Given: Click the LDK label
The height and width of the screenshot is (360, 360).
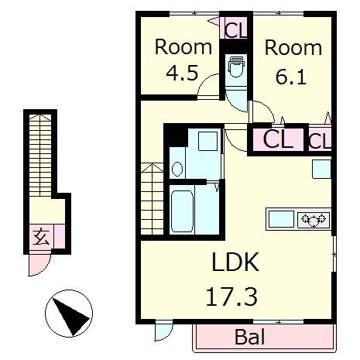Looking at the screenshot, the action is click(235, 262).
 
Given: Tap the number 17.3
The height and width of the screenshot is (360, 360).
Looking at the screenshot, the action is click(231, 297).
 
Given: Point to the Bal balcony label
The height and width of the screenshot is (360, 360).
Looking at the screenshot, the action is click(250, 337).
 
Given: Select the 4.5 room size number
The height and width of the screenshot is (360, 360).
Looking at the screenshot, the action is click(182, 73).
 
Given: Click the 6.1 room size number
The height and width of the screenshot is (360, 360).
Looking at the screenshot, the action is click(291, 77).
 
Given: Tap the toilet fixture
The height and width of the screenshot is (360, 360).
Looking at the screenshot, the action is click(236, 67).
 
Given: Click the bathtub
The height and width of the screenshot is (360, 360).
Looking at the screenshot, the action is click(182, 211).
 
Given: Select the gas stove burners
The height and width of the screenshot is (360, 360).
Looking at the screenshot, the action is click(314, 220).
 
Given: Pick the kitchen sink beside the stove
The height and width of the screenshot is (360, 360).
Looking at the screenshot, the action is click(281, 219).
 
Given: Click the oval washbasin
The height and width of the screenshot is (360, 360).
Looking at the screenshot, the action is click(177, 169).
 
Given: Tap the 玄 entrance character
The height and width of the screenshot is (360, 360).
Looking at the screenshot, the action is click(42, 237).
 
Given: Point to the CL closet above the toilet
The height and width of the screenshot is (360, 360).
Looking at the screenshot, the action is click(235, 29).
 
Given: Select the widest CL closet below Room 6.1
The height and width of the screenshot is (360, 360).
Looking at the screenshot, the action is click(278, 139).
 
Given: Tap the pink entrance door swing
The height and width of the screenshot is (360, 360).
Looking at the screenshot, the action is click(39, 265).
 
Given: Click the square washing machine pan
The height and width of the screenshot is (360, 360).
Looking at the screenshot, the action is click(207, 141).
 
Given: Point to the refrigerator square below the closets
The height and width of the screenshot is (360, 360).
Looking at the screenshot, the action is click(321, 169).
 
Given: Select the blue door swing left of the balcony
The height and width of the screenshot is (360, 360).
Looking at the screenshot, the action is click(163, 331).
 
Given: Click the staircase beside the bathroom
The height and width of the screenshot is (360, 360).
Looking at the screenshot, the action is click(153, 199).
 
